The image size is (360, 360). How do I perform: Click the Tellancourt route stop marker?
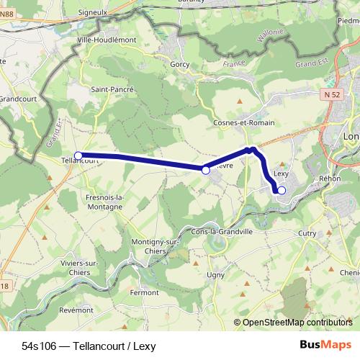(78, 155)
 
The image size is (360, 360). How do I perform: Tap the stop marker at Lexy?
(282, 190)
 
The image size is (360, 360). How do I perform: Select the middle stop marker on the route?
(206, 170)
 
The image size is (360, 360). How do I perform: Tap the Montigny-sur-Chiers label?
(156, 246)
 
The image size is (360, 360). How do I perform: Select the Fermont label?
(144, 292)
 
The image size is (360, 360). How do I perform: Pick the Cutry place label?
(307, 233)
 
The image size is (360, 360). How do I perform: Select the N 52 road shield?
(331, 94)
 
